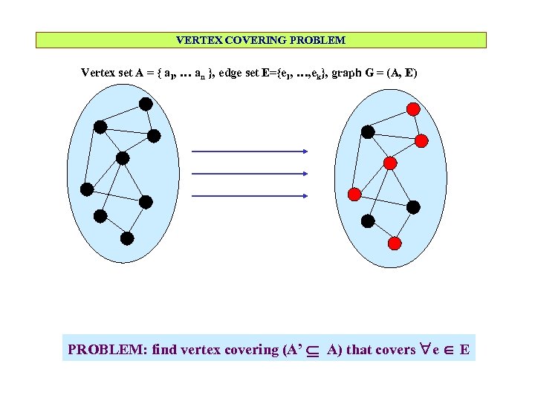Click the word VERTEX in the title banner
point(195,40)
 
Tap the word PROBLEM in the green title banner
point(320,40)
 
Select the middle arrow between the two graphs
point(250,174)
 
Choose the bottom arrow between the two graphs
point(250,196)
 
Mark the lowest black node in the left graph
point(127,238)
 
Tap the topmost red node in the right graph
point(414,108)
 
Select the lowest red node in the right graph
point(395,243)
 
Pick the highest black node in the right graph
point(367,132)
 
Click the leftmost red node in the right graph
point(354,194)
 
